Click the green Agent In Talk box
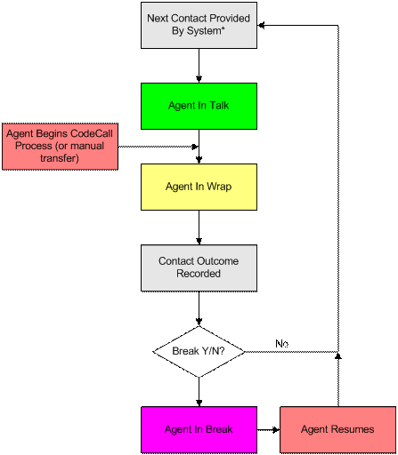[x=199, y=106]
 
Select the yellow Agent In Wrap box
[x=199, y=187]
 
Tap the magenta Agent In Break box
[x=199, y=429]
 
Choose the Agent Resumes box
[x=337, y=429]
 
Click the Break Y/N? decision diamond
[x=199, y=352]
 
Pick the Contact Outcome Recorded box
[x=199, y=268]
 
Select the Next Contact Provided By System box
[x=199, y=25]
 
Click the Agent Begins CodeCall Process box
[x=60, y=147]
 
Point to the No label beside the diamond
[x=281, y=344]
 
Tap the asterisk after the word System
[x=223, y=28]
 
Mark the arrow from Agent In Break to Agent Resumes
[x=268, y=429]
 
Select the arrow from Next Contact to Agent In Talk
[x=199, y=66]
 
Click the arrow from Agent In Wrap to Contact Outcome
[x=199, y=227]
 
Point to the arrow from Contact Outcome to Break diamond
[x=199, y=308]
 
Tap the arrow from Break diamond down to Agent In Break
[x=199, y=392]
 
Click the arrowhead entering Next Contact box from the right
[x=261, y=26]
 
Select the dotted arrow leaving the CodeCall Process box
[x=158, y=147]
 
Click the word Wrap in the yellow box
[x=219, y=187]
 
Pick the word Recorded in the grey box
[x=199, y=274]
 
